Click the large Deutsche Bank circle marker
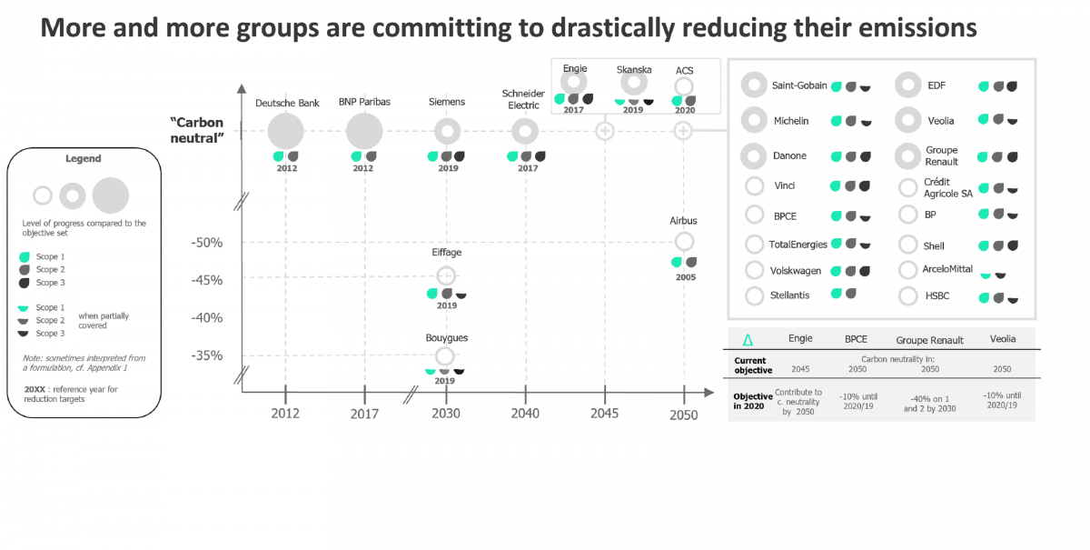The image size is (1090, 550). [x=286, y=132]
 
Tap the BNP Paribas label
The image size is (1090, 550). [x=364, y=102]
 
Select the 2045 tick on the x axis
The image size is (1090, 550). [x=604, y=414]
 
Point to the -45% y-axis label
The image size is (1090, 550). [x=207, y=280]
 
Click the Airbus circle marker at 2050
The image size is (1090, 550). [x=685, y=242]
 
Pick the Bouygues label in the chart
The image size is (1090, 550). [x=446, y=338]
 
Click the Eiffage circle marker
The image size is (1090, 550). [x=445, y=275]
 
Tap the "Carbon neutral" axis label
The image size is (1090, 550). [x=197, y=130]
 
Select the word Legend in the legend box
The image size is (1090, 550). [x=83, y=159]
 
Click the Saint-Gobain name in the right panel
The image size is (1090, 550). [x=799, y=85]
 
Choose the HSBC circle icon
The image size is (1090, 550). [x=908, y=296]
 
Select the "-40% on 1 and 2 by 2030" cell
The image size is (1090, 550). [x=929, y=403]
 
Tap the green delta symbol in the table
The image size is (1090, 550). [x=748, y=340]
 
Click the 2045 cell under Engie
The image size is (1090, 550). [x=800, y=370]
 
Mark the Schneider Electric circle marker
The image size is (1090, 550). [x=524, y=132]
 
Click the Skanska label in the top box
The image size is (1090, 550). [x=633, y=70]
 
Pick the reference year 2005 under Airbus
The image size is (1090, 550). [x=685, y=277]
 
